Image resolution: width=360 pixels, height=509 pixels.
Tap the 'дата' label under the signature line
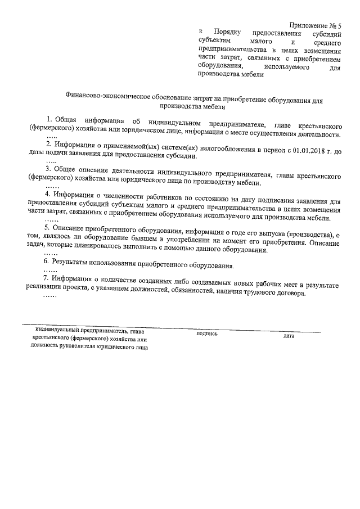(x=289, y=336)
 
